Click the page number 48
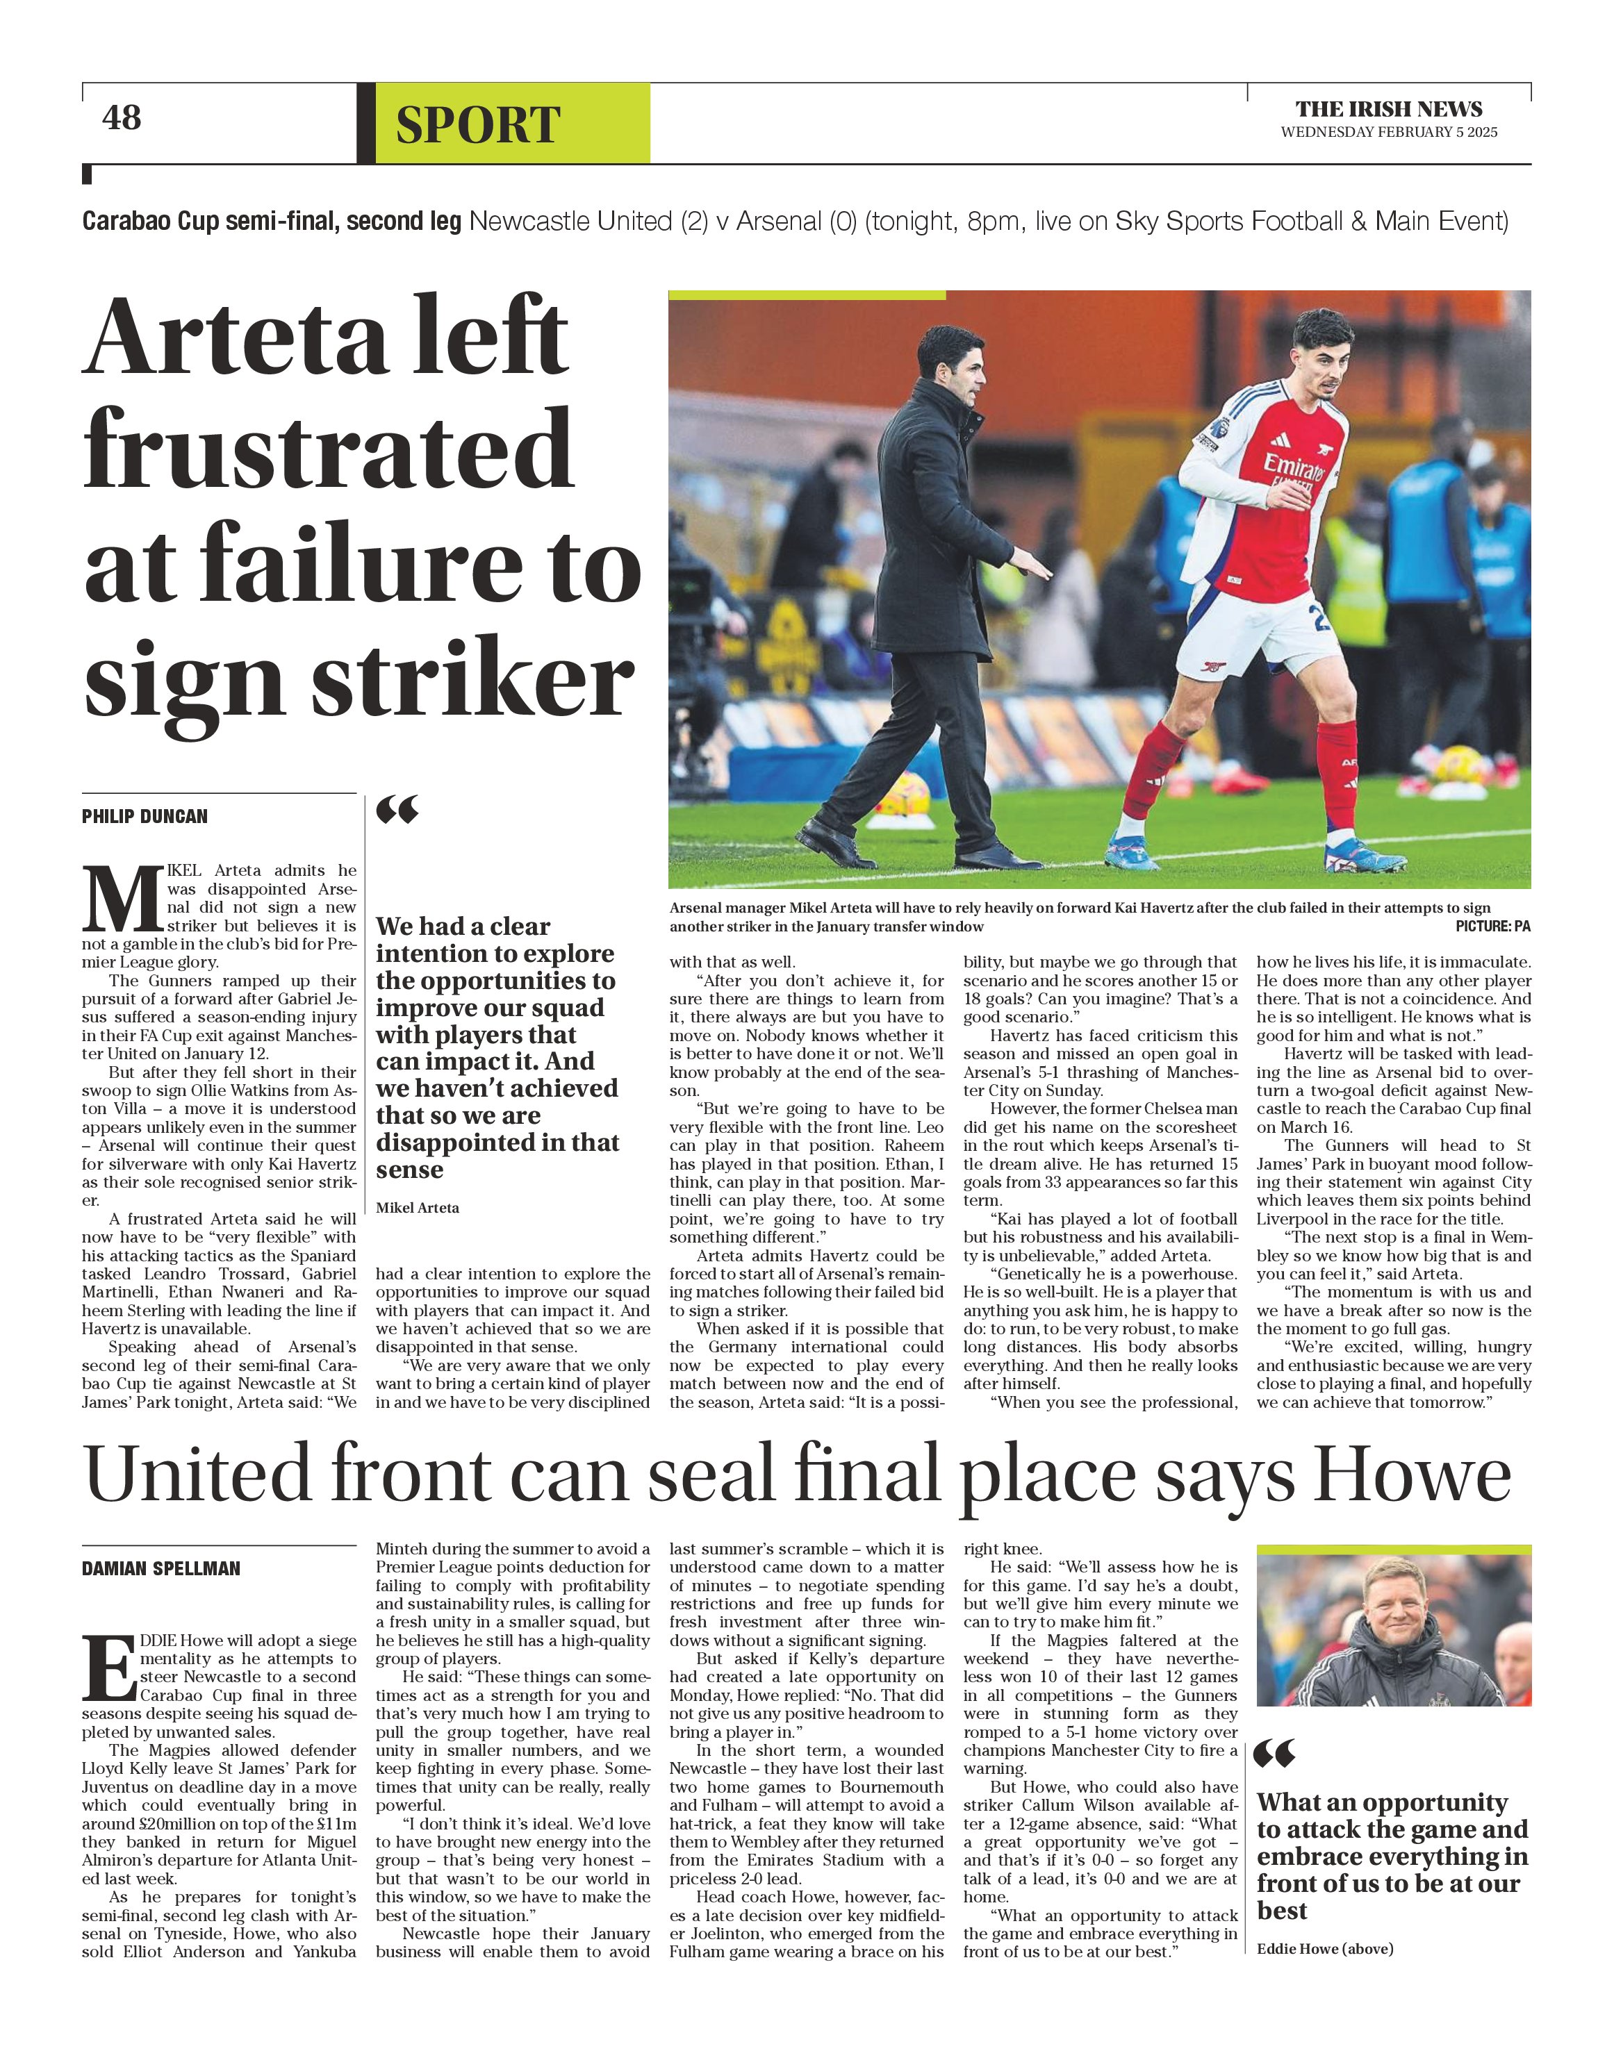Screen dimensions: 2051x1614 (121, 118)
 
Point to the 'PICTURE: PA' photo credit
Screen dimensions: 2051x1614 (1492, 927)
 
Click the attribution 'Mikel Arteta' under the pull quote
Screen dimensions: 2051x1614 (418, 1207)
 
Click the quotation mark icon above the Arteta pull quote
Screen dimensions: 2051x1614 (397, 810)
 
